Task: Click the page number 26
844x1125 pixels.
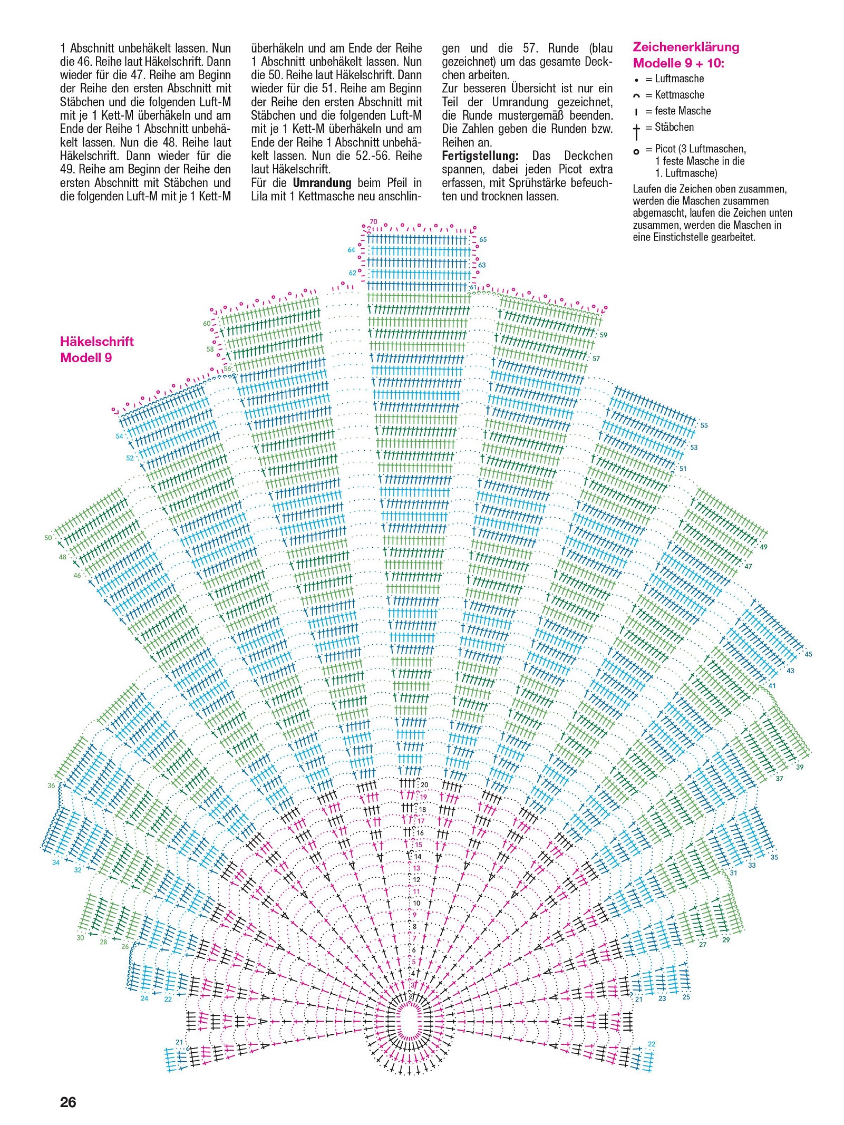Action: point(68,1102)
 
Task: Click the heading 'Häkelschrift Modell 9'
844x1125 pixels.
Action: point(97,349)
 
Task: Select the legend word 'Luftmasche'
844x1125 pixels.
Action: point(679,79)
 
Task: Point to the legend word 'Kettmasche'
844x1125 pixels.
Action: point(680,95)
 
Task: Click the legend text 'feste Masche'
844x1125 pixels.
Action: point(683,111)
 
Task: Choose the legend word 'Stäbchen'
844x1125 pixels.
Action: point(674,127)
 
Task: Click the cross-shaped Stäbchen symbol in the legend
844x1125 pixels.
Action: point(637,131)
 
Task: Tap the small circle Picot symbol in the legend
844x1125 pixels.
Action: point(636,152)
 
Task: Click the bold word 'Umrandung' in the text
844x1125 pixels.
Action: point(322,183)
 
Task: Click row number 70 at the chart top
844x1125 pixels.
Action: point(373,221)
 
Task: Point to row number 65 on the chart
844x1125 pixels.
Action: point(483,239)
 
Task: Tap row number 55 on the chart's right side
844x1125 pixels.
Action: point(704,425)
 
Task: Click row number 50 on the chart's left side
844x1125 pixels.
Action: point(48,538)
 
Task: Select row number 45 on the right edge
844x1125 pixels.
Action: point(809,654)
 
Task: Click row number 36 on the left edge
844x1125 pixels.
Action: point(51,785)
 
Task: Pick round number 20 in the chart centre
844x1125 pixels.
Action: point(424,785)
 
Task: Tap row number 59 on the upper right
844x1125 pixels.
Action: point(604,335)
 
